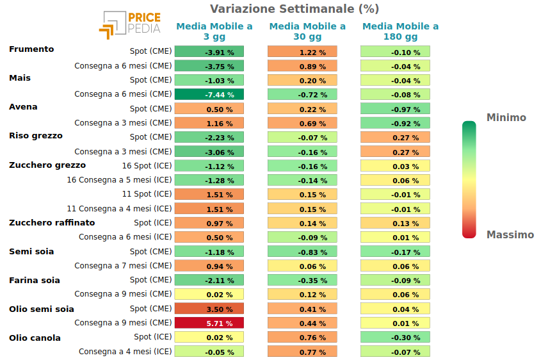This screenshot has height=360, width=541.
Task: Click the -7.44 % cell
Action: [x=209, y=94]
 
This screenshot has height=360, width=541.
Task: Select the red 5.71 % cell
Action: [x=209, y=323]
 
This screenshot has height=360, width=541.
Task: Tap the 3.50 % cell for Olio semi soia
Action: [x=209, y=309]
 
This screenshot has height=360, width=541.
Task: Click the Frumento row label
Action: [x=31, y=49]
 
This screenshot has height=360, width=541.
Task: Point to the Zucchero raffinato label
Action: [x=52, y=223]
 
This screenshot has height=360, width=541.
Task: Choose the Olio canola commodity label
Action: [x=35, y=338]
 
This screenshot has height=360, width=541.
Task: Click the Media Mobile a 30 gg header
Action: [x=307, y=31]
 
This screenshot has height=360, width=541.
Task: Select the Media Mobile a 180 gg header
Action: [x=401, y=31]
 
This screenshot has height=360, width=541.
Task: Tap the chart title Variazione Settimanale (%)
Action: [x=295, y=8]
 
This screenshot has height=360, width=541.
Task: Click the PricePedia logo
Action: [x=130, y=25]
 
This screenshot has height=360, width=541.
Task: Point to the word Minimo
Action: [x=506, y=117]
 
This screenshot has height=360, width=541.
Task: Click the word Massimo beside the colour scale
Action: [x=510, y=234]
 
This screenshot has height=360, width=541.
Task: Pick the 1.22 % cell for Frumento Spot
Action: [x=302, y=51]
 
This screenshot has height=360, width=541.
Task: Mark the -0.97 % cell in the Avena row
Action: [x=396, y=109]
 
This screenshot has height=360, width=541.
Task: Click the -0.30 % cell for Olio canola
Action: [x=396, y=337]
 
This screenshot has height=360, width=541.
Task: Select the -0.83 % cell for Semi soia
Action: [x=302, y=252]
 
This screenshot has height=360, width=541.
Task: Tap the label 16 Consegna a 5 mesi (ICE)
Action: [x=119, y=180]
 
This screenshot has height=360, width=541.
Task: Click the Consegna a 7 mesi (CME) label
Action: [x=123, y=266]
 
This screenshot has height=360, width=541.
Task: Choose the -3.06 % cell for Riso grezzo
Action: [x=209, y=152]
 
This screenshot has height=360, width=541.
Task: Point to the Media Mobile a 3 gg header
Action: [x=214, y=31]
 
